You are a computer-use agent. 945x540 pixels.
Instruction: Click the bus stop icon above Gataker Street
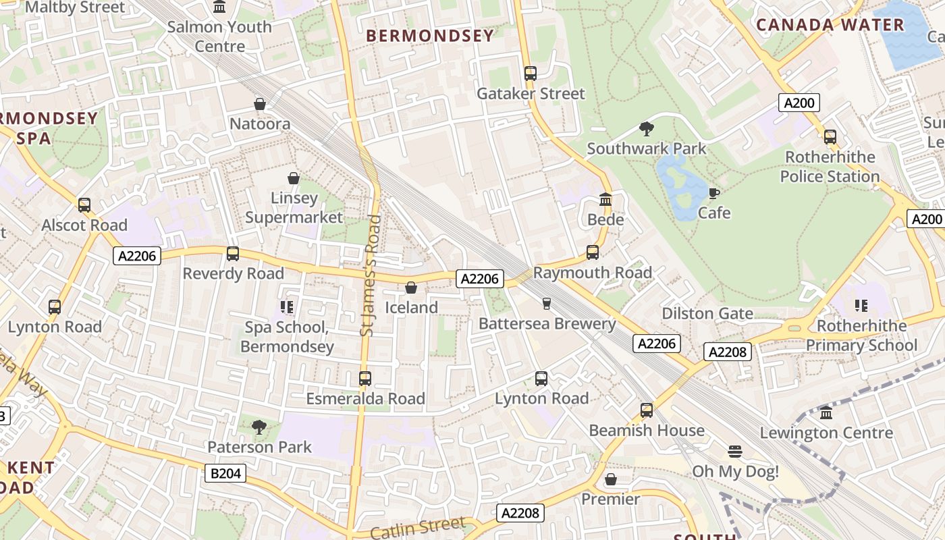tap(531, 74)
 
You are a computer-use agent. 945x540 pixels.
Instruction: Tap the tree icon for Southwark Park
tap(647, 129)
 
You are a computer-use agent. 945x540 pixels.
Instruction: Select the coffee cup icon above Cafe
tap(714, 194)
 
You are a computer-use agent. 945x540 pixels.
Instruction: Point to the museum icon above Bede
tap(605, 200)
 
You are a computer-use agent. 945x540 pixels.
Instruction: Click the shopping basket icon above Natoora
tap(260, 104)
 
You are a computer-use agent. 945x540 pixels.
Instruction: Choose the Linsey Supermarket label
tap(294, 208)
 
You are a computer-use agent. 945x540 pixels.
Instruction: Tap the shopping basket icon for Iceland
tap(411, 288)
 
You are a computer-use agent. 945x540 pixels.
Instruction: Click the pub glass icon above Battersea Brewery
tap(547, 304)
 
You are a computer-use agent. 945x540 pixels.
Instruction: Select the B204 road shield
tap(225, 473)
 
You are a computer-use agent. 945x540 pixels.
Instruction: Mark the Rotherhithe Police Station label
tap(830, 167)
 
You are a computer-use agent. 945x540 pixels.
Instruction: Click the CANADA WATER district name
tap(830, 26)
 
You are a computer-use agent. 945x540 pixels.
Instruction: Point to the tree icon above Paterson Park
tap(259, 427)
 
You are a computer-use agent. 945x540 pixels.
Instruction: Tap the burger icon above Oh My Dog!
tap(735, 452)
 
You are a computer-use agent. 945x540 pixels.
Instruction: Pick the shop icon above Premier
tap(611, 479)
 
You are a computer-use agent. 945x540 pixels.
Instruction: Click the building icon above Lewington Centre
tap(826, 413)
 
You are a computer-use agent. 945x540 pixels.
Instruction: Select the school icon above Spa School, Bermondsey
tap(287, 308)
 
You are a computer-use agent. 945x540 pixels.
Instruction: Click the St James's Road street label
tap(368, 275)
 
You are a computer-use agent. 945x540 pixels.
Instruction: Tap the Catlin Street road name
tap(418, 526)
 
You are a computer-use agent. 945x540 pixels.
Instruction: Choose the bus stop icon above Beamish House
tap(647, 410)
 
